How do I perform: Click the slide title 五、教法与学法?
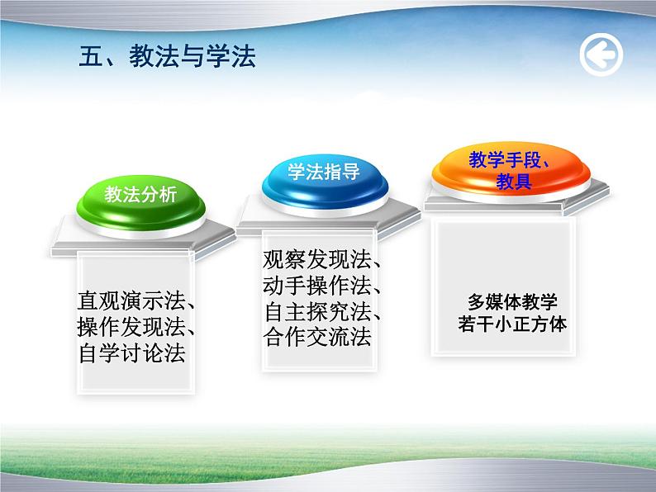[x=167, y=55]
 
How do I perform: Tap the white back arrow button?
[x=601, y=55]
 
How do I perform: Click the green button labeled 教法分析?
[x=140, y=196]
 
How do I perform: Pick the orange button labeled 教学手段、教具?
[x=511, y=170]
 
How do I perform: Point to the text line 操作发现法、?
[x=135, y=327]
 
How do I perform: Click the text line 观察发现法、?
[x=321, y=260]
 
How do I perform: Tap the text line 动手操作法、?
[x=321, y=286]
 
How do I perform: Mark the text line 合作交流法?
[x=317, y=338]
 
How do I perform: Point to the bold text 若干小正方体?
[x=512, y=324]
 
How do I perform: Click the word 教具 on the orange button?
[x=512, y=182]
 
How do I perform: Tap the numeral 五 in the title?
[x=90, y=55]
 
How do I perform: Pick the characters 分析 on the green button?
[x=159, y=196]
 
